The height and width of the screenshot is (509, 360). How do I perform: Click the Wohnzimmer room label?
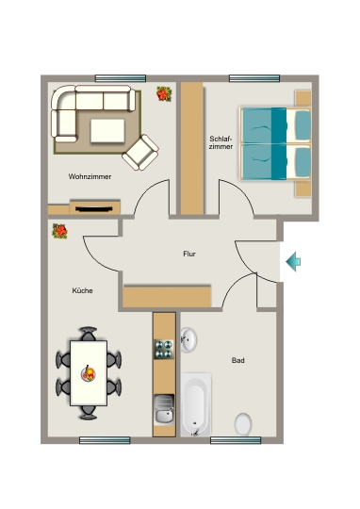90,176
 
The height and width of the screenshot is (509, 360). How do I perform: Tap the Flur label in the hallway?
189,254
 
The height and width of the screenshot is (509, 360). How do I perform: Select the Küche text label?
82,290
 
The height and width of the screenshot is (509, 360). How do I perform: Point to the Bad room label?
237,360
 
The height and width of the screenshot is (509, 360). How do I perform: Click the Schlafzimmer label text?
221,142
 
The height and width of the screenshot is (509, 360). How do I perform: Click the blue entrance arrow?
293,261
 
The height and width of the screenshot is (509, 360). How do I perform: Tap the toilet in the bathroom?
243,424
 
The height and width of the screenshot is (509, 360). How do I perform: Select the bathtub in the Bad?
196,404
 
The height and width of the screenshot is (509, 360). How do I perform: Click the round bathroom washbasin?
188,340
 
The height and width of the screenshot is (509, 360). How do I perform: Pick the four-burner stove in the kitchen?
164,350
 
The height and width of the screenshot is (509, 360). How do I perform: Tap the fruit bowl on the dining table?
89,373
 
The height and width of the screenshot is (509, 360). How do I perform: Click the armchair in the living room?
140,153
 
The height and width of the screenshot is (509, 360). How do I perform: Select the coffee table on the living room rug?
107,130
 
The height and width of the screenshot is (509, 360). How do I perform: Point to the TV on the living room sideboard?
94,208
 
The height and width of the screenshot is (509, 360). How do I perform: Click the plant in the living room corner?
164,94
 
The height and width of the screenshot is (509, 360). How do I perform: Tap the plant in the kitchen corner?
59,231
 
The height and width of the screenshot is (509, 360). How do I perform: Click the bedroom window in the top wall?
254,78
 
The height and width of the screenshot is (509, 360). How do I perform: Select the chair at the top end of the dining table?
89,334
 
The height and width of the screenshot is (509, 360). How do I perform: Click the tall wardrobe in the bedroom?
192,148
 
